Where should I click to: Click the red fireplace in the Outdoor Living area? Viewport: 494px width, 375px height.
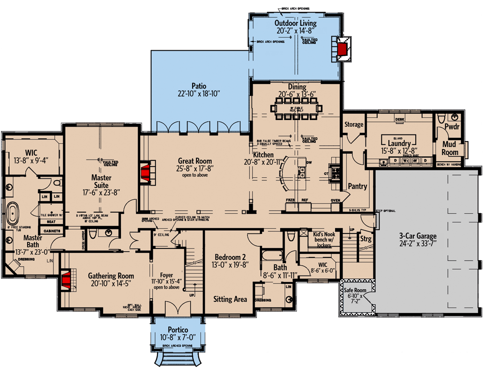pyautogui.click(x=343, y=49)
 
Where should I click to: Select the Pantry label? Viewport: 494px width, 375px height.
pyautogui.click(x=357, y=187)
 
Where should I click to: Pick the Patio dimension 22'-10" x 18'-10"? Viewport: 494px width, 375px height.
pyautogui.click(x=199, y=94)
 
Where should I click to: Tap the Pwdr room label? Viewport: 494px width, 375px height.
pyautogui.click(x=451, y=127)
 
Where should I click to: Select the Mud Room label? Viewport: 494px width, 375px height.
pyautogui.click(x=450, y=149)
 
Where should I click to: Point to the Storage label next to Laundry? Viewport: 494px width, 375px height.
pyautogui.click(x=354, y=125)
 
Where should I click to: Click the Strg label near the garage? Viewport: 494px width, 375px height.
pyautogui.click(x=366, y=240)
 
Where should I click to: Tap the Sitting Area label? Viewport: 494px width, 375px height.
pyautogui.click(x=230, y=299)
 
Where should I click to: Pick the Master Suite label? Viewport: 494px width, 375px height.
pyautogui.click(x=101, y=182)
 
